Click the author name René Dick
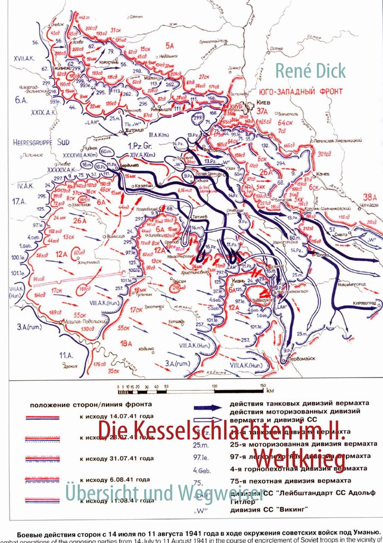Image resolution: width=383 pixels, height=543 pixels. pyautogui.click(x=309, y=71)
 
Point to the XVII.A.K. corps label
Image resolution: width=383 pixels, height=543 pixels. pyautogui.click(x=24, y=58)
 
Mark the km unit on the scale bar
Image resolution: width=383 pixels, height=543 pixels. pyautogui.click(x=270, y=390)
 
